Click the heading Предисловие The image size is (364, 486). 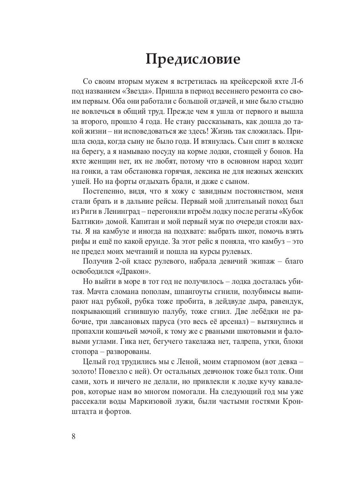pyautogui.click(x=193, y=59)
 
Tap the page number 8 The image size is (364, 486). pyautogui.click(x=73, y=437)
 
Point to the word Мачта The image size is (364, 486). pyautogui.click(x=94, y=296)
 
